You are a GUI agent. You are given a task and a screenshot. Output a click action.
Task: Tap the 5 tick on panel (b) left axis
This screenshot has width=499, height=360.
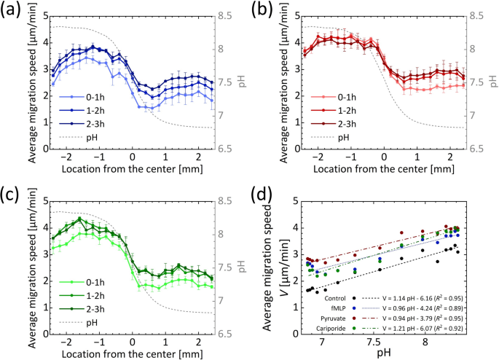click(x=280, y=15)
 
